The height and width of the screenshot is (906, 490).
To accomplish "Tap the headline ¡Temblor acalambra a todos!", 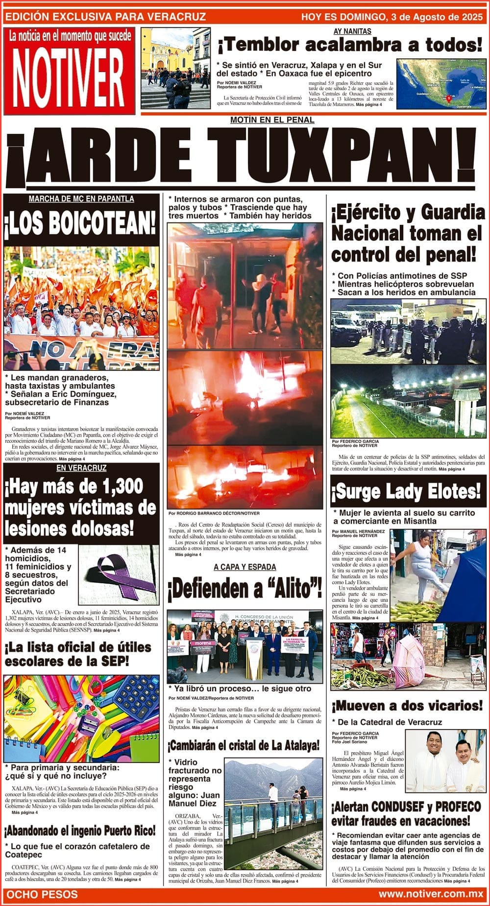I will (350, 46).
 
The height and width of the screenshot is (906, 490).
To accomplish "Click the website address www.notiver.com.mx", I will (431, 894).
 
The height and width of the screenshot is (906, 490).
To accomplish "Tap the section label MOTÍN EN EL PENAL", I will (272, 120).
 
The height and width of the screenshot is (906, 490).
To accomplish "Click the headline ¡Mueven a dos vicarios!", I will (407, 706).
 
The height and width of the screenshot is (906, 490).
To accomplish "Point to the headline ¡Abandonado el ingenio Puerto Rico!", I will (81, 831).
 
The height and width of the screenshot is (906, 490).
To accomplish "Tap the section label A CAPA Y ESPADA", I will (245, 567).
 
